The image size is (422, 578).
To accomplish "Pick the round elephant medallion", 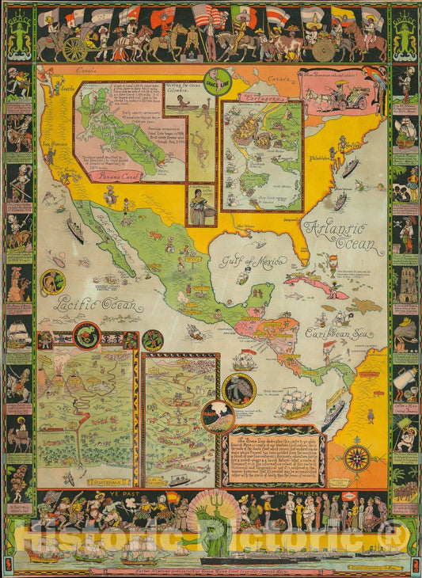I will click(x=238, y=390).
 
